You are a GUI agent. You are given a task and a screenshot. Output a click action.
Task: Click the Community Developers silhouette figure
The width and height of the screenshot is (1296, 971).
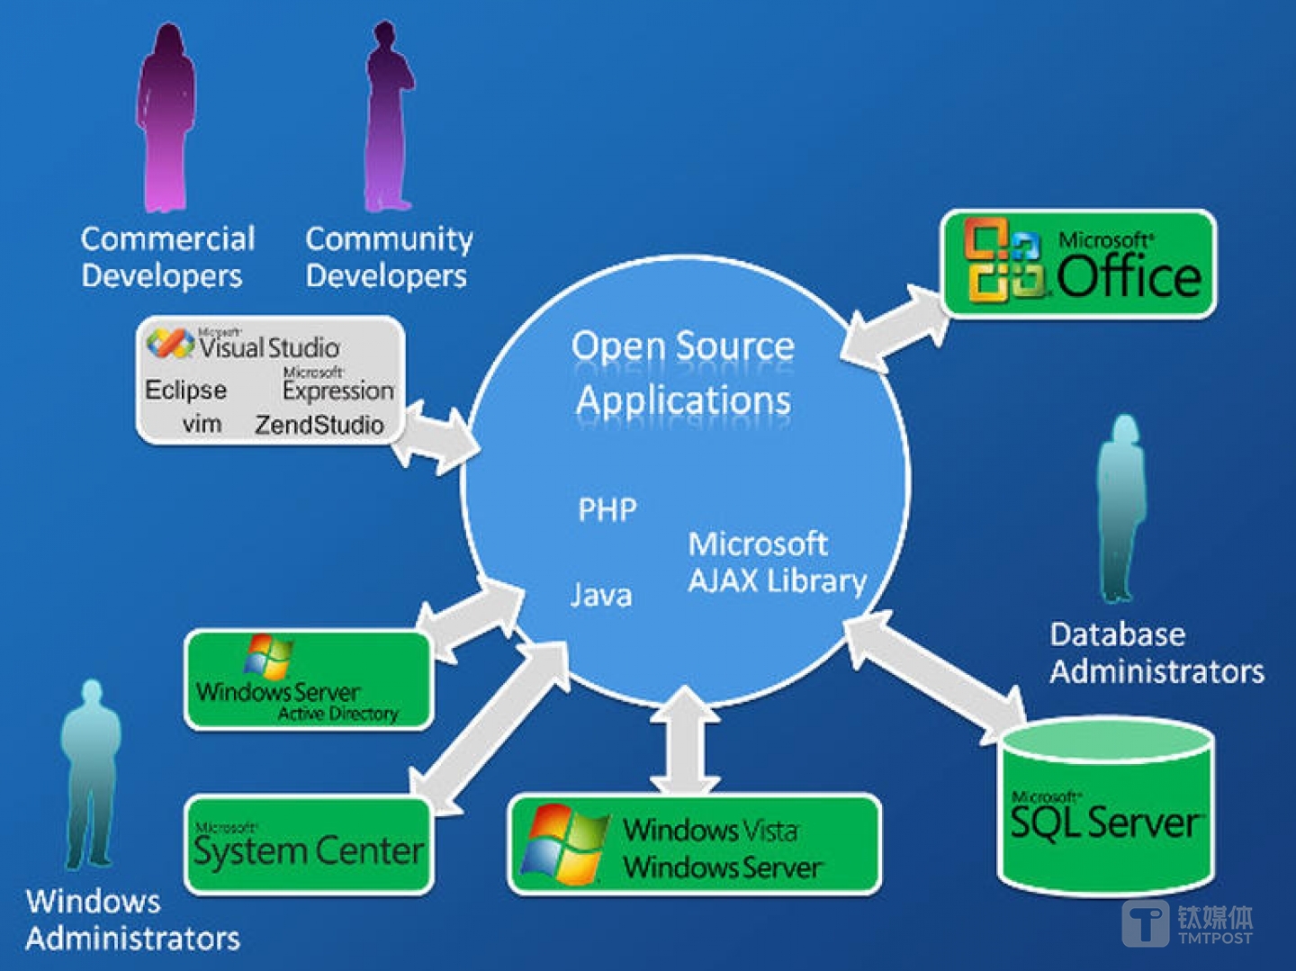tap(389, 117)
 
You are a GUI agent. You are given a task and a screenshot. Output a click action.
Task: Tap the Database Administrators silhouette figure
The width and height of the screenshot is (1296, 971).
tap(1121, 508)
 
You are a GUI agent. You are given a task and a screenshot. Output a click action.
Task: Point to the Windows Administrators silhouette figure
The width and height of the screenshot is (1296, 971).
tap(90, 774)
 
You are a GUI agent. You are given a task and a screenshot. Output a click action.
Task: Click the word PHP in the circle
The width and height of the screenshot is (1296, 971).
tap(607, 510)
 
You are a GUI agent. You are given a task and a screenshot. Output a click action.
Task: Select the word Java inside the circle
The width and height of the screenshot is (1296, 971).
tap(601, 595)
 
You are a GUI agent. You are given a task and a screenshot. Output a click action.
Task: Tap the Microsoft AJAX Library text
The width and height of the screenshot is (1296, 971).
tap(776, 562)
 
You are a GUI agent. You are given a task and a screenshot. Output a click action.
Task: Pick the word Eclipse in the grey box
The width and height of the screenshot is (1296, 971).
tap(186, 390)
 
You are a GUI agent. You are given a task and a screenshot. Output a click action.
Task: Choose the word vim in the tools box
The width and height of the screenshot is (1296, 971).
tap(202, 424)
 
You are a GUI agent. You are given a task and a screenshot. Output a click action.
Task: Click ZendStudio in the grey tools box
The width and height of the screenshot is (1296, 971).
tap(319, 425)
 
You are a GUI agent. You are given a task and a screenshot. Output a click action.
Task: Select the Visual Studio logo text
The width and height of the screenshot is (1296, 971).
tap(268, 346)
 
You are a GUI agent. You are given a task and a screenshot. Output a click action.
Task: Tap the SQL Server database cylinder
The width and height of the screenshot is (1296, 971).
tap(1106, 810)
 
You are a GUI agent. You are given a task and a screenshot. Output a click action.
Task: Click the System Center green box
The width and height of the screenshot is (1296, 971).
tap(309, 846)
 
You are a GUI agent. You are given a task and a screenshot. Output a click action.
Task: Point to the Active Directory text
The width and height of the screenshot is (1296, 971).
tap(337, 714)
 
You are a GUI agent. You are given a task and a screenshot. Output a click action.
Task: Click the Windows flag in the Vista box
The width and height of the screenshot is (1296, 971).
tap(562, 843)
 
